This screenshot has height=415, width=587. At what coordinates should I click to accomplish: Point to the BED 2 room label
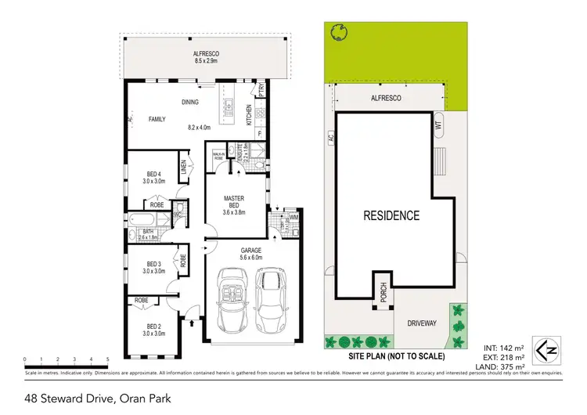click(153, 330)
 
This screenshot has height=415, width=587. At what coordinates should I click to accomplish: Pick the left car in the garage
click(232, 301)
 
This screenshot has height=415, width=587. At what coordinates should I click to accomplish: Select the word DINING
click(189, 102)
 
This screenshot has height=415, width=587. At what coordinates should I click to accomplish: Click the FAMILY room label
click(158, 119)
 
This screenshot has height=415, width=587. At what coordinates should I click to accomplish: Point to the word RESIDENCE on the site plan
click(391, 216)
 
